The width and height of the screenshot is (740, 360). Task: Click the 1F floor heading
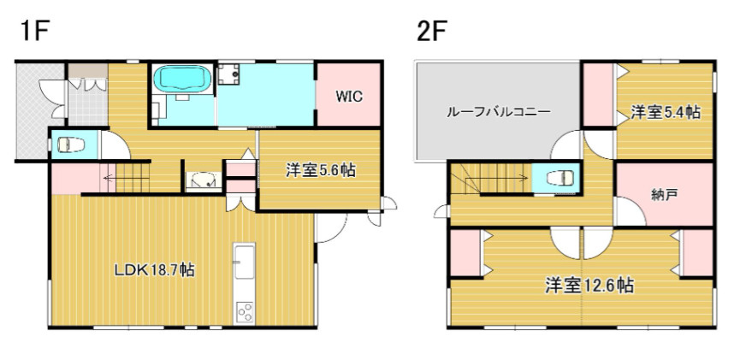coord(33,33)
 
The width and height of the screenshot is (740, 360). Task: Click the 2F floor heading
coord(433,33)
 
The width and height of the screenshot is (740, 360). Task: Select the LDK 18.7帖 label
coord(155,270)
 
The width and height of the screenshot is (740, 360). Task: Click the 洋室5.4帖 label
coord(666,111)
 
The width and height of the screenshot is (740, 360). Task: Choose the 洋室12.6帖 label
coord(589,286)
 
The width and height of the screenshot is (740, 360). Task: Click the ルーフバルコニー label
coord(498,112)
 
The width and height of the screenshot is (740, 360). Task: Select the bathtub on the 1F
coord(182,80)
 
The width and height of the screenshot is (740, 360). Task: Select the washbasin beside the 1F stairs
coord(204,180)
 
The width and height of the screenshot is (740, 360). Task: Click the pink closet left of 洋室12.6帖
coord(465,253)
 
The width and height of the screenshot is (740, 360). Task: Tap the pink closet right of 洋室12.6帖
coord(698,253)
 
